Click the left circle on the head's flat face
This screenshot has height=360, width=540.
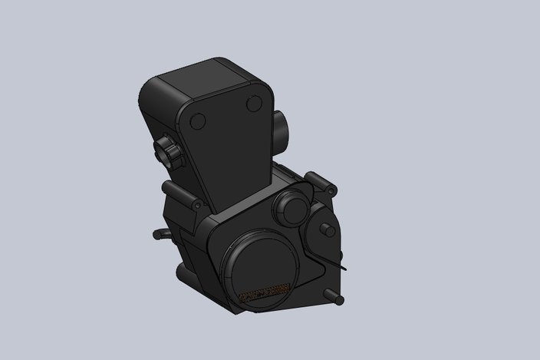pos(197,121)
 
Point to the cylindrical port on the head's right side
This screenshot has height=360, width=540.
pos(279,127)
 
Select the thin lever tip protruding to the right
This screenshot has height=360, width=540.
pos(342,269)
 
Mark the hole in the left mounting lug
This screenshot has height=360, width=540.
pos(199,206)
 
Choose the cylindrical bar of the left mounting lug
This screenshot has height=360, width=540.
pos(179,194)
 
